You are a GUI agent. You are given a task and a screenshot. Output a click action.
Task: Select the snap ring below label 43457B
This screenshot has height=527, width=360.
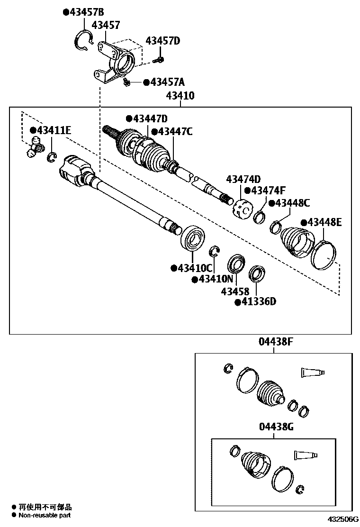coord(84,40)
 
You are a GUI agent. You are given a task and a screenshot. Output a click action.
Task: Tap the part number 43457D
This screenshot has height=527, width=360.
coord(162,41)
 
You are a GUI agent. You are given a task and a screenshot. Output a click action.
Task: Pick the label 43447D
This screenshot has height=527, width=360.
coord(149,118)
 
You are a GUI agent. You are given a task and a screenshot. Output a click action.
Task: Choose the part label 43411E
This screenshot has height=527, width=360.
coord(53,130)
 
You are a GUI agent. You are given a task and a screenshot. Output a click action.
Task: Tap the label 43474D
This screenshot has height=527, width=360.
coord(243,179)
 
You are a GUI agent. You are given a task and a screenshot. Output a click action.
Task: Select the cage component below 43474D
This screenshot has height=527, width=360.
coord(242,209)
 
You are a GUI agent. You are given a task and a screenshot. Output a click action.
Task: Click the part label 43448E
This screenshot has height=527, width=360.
coord(324,222)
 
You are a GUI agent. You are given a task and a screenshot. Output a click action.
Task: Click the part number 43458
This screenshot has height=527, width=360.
coord(234,291)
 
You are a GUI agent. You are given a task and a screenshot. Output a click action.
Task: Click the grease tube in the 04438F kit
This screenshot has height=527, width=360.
coord(312,373)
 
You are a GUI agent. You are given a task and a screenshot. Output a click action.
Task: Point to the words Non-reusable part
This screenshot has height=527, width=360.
coord(45,515)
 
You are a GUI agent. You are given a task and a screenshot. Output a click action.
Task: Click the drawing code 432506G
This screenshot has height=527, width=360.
coord(342,521)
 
